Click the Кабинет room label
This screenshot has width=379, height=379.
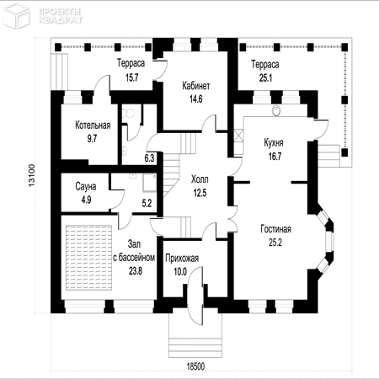click(196, 85)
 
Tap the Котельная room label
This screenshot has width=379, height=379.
click(93, 125)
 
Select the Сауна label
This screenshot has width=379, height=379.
click(86, 186)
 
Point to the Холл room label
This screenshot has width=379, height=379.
click(200, 179)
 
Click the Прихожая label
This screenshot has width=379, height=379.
click(182, 259)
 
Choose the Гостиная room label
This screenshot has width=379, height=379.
click(275, 229)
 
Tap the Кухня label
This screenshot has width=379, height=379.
click(274, 143)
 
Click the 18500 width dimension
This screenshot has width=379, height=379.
click(195, 366)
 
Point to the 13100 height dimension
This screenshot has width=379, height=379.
click(32, 175)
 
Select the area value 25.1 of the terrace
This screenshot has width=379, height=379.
click(265, 77)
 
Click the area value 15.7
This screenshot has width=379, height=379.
click(131, 77)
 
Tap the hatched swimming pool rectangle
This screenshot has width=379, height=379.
click(88, 257)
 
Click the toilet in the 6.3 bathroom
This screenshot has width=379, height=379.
click(129, 113)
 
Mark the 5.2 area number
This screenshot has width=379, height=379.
click(147, 203)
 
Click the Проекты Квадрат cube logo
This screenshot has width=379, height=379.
click(16, 15)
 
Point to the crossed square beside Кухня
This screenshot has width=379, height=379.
click(238, 135)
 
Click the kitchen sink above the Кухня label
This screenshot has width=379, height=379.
click(276, 110)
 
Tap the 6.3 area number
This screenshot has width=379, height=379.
click(149, 158)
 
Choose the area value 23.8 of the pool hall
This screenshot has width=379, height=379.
click(136, 271)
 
